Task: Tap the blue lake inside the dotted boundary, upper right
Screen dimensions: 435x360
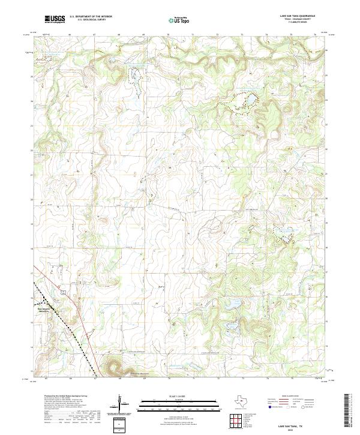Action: [x=243, y=99]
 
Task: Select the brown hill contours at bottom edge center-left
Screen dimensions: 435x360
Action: [x=114, y=365]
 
